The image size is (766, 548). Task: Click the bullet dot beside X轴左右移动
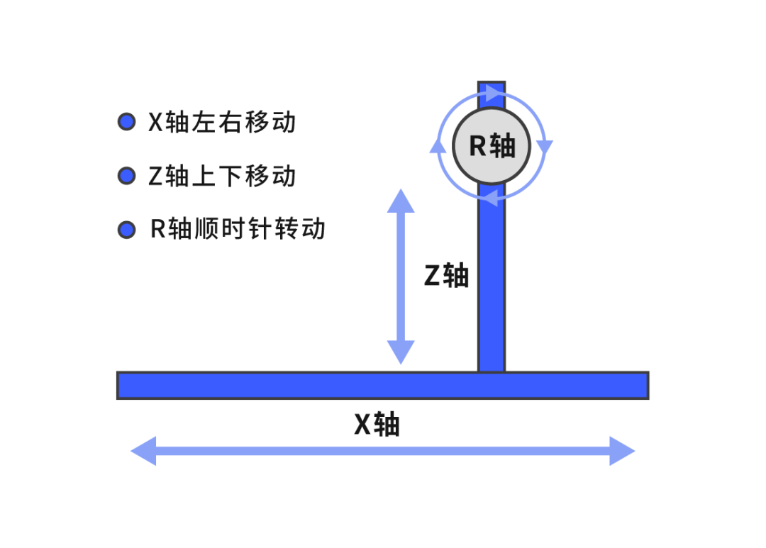click(126, 122)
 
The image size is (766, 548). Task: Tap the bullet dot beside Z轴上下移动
click(126, 176)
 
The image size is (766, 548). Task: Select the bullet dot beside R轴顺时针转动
click(126, 230)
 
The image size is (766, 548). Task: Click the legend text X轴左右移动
click(221, 123)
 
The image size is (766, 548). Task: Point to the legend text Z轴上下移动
click(221, 176)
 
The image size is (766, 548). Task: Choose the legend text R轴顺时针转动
click(238, 230)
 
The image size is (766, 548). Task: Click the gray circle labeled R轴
click(491, 146)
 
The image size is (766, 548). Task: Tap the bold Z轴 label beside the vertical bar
click(446, 275)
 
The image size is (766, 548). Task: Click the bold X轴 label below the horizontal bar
click(377, 425)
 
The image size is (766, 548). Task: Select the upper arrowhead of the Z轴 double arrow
click(401, 201)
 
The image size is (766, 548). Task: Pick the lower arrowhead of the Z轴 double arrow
click(401, 352)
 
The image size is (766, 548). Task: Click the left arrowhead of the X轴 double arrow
click(144, 451)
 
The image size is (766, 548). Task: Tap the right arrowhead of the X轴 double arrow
click(621, 451)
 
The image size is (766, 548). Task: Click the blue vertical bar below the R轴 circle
click(491, 284)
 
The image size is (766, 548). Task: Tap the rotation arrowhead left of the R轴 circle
click(438, 146)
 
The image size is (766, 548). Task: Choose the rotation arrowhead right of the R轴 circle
click(545, 146)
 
